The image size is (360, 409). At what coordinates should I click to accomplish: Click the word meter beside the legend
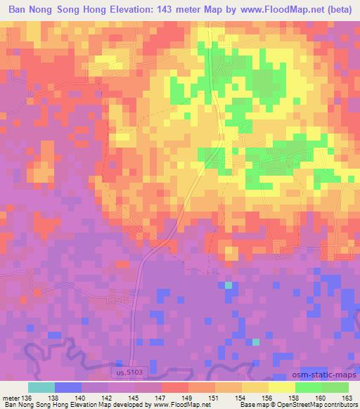pos(11,398)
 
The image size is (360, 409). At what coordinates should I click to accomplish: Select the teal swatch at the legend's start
pos(41,387)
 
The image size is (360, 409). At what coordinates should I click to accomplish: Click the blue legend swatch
pos(67,387)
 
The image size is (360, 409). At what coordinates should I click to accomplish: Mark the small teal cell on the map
pos(228,285)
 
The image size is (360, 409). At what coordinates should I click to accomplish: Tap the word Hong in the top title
pos(100,10)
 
